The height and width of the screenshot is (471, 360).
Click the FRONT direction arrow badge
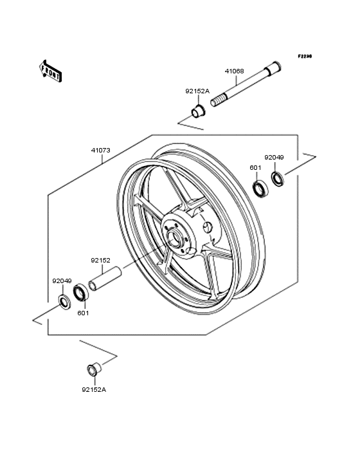(50, 71)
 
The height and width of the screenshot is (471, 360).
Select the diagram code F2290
(305, 56)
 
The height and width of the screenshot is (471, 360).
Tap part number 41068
(234, 71)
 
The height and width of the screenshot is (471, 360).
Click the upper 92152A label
(197, 91)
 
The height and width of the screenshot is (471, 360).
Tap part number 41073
(101, 150)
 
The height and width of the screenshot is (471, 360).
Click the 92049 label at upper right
(274, 158)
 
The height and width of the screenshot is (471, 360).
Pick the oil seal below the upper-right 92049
(278, 178)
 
